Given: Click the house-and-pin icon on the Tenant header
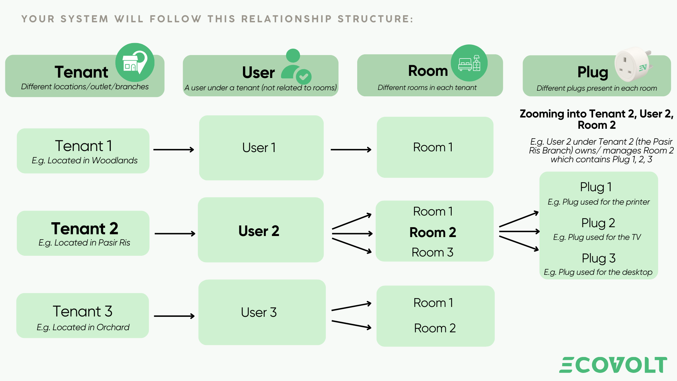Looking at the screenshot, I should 135,62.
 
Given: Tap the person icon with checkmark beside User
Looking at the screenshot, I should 295,66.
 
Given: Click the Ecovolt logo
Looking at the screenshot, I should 613,365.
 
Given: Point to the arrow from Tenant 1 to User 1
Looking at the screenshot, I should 173,150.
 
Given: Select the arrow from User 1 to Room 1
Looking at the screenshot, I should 351,150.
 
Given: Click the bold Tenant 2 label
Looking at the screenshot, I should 85,229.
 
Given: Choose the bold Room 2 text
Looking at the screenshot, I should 433,232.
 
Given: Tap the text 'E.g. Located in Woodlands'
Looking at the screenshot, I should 85,161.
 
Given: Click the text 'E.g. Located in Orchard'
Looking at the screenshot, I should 83,327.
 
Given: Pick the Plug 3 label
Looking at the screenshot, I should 598,258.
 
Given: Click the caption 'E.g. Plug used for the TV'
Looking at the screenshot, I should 597,237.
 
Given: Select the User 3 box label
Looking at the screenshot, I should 259,312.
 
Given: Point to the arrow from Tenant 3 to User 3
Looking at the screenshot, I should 174,316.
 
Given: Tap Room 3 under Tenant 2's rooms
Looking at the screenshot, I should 432,252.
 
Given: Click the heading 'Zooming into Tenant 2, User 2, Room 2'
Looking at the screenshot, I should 596,119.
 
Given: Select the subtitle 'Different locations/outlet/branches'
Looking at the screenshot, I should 85,87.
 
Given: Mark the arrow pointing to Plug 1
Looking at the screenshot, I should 519,219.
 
